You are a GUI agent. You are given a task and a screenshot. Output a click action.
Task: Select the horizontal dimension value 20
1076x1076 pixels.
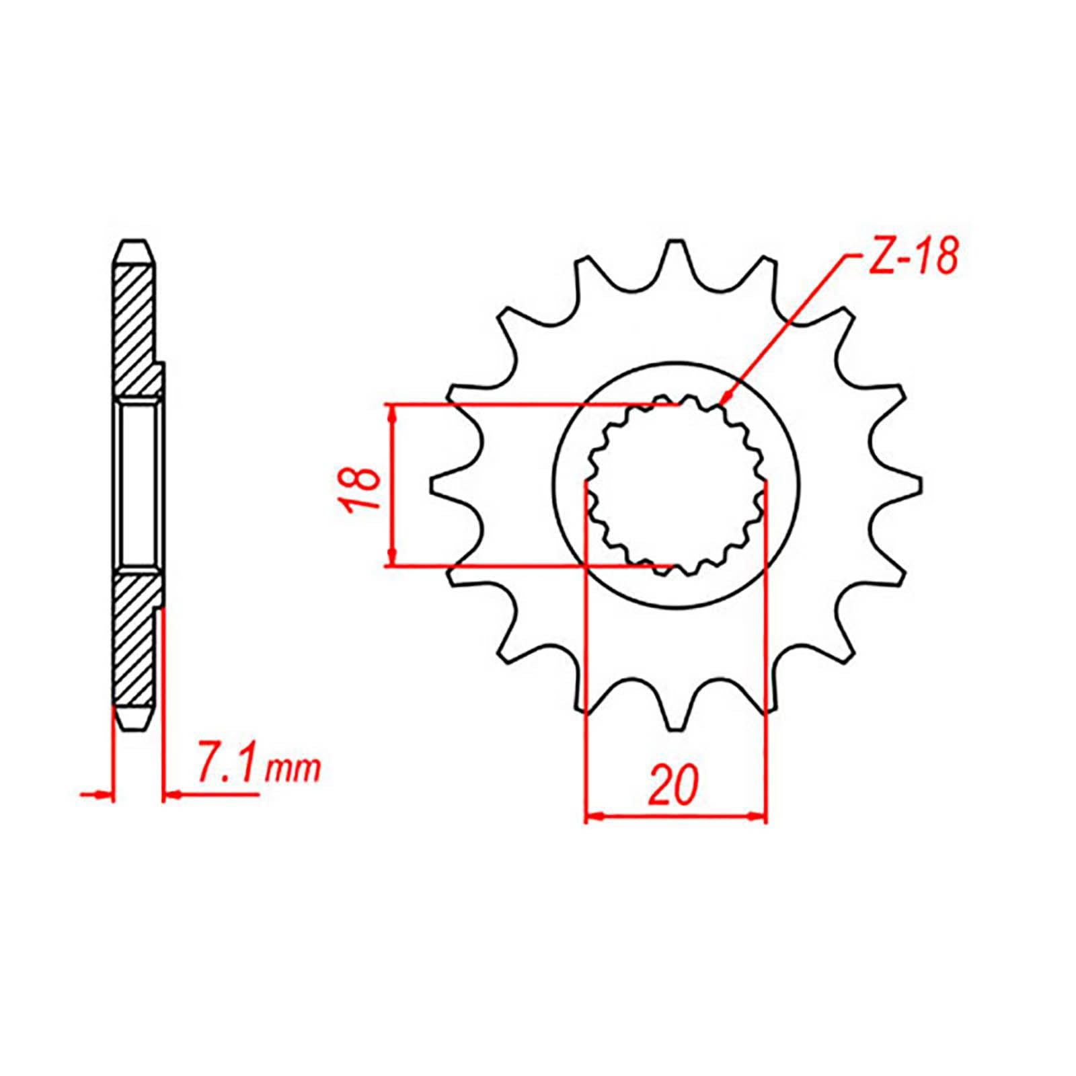[x=674, y=785]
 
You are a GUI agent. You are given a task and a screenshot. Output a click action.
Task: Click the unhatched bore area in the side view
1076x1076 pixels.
[x=139, y=484]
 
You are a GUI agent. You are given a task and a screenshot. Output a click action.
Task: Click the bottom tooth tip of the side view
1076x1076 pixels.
[x=134, y=726]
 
